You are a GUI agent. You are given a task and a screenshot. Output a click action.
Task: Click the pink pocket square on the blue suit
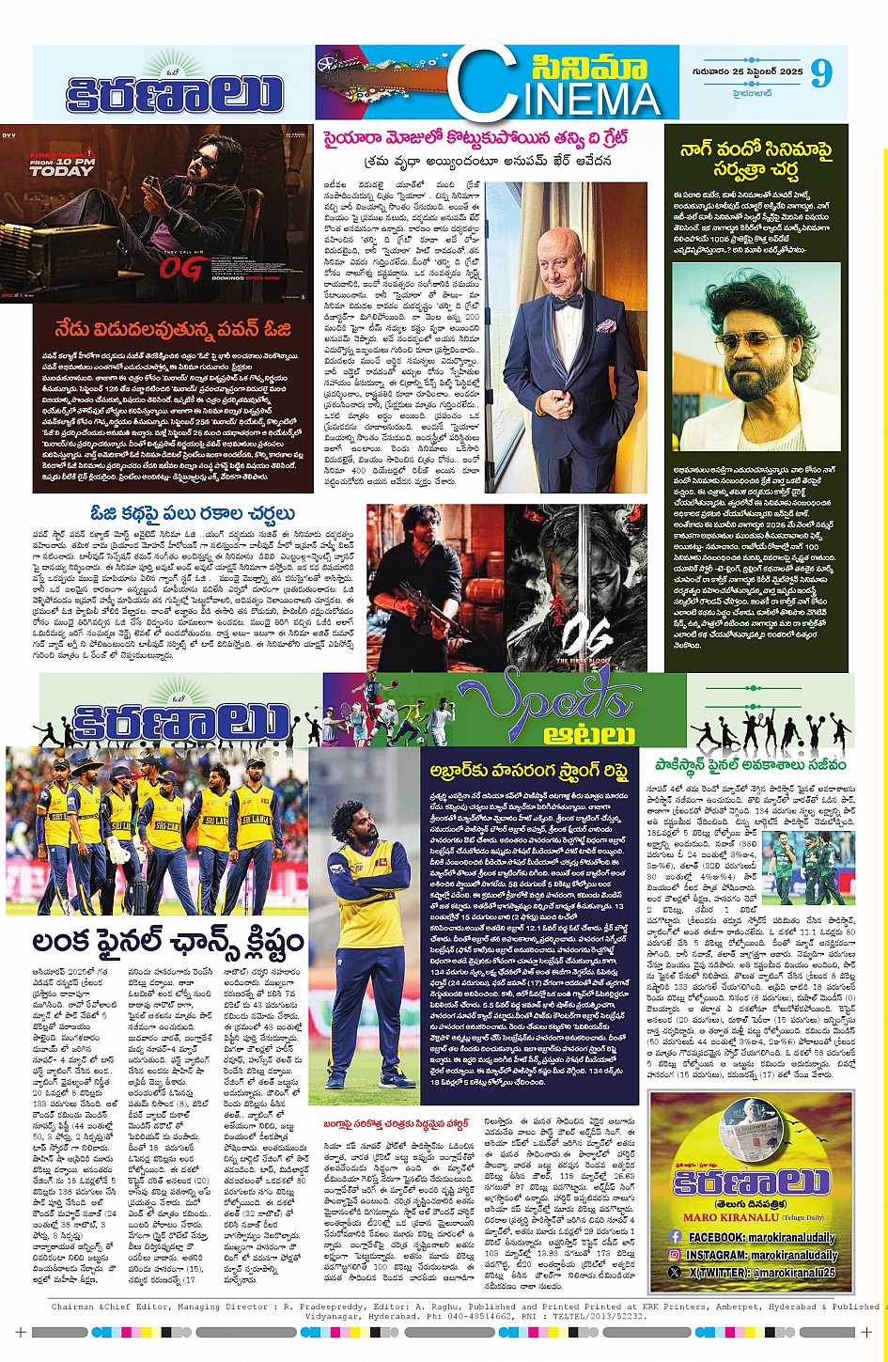(605, 326)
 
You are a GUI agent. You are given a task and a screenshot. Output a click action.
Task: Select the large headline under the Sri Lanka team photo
(168, 941)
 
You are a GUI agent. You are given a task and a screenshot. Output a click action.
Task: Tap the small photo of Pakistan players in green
(808, 868)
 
